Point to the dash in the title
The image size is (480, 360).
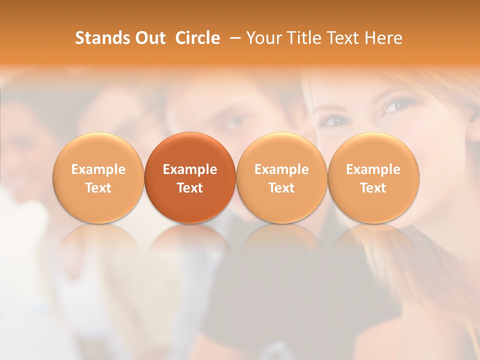233,38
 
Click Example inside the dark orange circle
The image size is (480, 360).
190,169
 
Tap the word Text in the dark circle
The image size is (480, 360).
190,188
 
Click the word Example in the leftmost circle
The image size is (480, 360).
98,169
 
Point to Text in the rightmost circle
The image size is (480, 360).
373,188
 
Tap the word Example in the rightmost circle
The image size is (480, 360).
373,169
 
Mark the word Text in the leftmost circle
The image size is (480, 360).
98,188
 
